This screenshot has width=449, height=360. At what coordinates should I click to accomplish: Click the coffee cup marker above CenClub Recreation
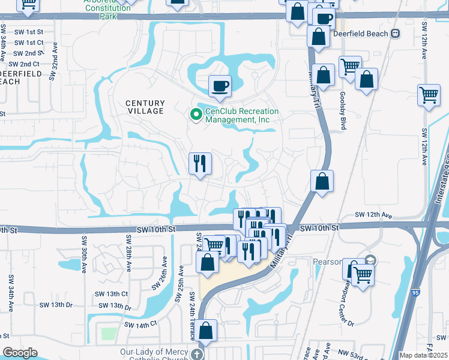point(220,85)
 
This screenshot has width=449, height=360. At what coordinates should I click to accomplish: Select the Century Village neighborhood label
point(145,107)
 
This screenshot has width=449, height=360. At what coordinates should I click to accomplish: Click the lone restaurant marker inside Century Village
point(200,164)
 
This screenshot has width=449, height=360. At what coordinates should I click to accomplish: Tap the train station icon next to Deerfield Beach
point(395,34)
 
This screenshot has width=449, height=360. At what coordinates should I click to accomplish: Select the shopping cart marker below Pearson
point(363,275)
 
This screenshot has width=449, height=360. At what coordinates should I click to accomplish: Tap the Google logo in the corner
point(20,353)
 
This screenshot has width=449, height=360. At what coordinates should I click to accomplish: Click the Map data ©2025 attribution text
point(423,355)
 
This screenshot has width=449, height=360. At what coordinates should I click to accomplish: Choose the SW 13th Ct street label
point(112,294)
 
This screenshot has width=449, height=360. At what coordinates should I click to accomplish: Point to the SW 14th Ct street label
point(140,324)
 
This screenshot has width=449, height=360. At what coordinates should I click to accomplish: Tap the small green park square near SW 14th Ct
point(108,333)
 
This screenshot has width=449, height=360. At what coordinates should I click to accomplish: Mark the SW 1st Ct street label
point(29,43)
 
